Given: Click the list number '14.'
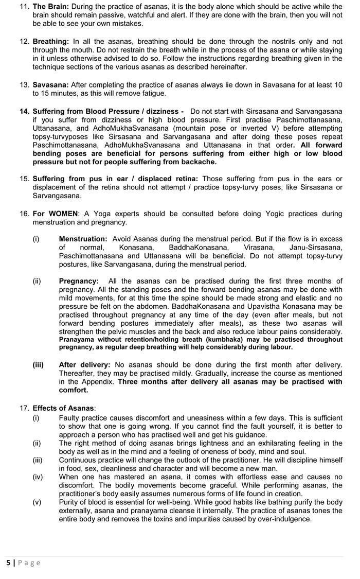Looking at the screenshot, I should point(25,111).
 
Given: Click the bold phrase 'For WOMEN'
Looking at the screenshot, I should point(56,214).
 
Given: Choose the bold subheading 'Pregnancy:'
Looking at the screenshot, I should point(79,281).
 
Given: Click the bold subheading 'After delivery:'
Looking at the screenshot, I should point(85,364).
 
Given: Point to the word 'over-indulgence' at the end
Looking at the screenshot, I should point(285,519).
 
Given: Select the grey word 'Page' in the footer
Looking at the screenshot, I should point(29,563).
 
